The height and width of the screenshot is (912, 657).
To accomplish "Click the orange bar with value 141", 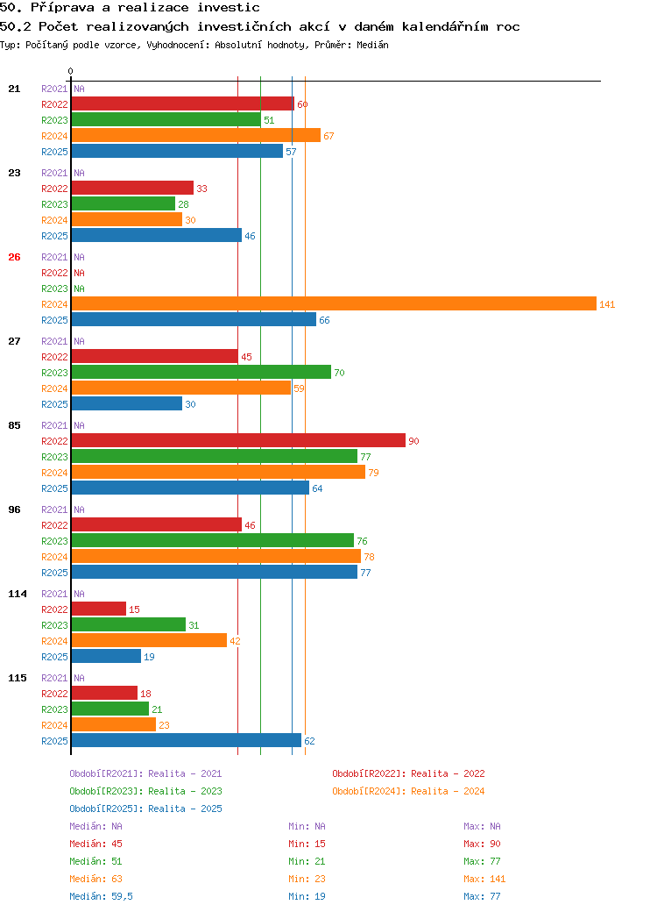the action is click(334, 303).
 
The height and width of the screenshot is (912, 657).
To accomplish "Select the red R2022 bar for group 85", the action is click(238, 440).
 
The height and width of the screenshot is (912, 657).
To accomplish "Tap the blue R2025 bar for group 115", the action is click(187, 740).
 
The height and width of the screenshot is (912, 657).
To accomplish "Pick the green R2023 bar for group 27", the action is click(201, 372).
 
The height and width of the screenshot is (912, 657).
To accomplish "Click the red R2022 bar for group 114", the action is click(99, 609).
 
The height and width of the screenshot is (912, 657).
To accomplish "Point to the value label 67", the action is click(328, 136).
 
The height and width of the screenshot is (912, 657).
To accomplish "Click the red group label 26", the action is click(15, 257).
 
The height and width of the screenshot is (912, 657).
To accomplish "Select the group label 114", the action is click(18, 594).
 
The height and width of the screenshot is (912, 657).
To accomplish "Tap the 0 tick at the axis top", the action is click(70, 71).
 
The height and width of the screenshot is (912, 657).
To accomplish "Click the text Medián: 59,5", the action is click(101, 896).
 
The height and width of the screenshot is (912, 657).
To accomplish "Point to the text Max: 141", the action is click(484, 879).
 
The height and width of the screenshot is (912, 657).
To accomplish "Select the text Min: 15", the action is click(307, 844).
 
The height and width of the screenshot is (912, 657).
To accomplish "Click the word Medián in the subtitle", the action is click(372, 45).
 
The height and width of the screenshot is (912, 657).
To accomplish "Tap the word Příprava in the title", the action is click(62, 8).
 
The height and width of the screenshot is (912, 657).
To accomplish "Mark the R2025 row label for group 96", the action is click(54, 573).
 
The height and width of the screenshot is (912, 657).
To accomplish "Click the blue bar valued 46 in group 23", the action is click(156, 235).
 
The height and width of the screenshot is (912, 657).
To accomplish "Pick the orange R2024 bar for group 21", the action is click(195, 136).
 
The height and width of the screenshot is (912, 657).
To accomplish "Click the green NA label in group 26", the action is click(79, 289).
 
